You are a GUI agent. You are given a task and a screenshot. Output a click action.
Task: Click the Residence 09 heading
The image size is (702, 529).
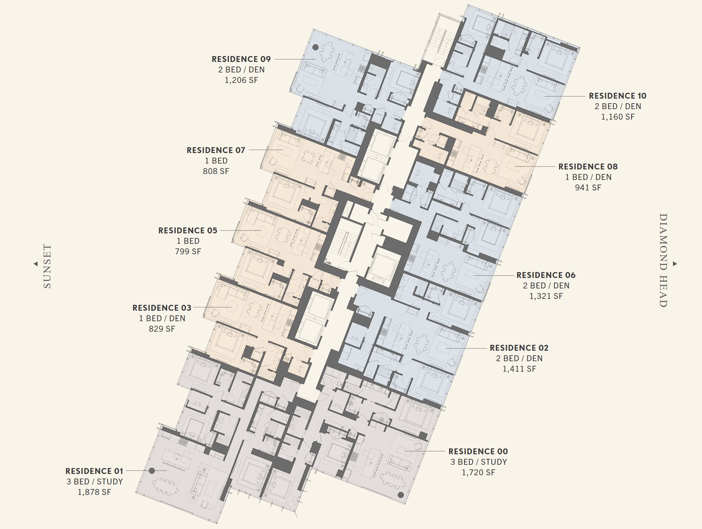click(241, 59)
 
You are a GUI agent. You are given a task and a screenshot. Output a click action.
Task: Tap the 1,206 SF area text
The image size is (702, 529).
click(241, 80)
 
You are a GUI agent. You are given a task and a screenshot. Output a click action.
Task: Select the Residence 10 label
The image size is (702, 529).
click(617, 96)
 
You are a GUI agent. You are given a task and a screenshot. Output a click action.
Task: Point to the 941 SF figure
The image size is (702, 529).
click(588, 187)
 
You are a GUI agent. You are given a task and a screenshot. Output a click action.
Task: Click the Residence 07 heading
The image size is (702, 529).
click(216, 150)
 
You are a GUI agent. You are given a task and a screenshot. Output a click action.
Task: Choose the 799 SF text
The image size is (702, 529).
click(188, 251)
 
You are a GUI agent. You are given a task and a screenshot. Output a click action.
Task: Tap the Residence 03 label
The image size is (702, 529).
click(162, 308)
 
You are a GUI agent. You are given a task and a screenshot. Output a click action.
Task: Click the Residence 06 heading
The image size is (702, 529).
click(546, 275)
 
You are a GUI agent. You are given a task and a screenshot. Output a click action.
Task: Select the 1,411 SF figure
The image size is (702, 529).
click(519, 369)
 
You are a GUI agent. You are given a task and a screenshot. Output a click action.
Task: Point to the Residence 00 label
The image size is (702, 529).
click(478, 451)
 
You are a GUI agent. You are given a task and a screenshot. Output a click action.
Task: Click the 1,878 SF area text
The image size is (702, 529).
click(94, 492)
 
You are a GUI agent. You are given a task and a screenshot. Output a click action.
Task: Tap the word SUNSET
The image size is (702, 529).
click(48, 266)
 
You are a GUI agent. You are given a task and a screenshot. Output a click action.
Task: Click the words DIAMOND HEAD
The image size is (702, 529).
click(663, 260)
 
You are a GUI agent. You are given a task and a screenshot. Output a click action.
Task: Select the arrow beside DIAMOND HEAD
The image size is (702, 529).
click(675, 264)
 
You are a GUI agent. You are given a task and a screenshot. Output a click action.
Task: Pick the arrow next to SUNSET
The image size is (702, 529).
click(35, 264)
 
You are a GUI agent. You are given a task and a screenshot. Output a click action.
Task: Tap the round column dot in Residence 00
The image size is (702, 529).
click(400, 495)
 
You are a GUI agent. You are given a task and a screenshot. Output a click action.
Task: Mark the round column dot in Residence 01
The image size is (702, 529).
click(152, 471)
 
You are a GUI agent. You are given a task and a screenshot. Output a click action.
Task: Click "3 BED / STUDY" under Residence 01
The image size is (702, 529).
click(94, 481)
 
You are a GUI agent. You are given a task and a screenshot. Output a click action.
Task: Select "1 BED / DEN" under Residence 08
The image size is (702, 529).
click(588, 177)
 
